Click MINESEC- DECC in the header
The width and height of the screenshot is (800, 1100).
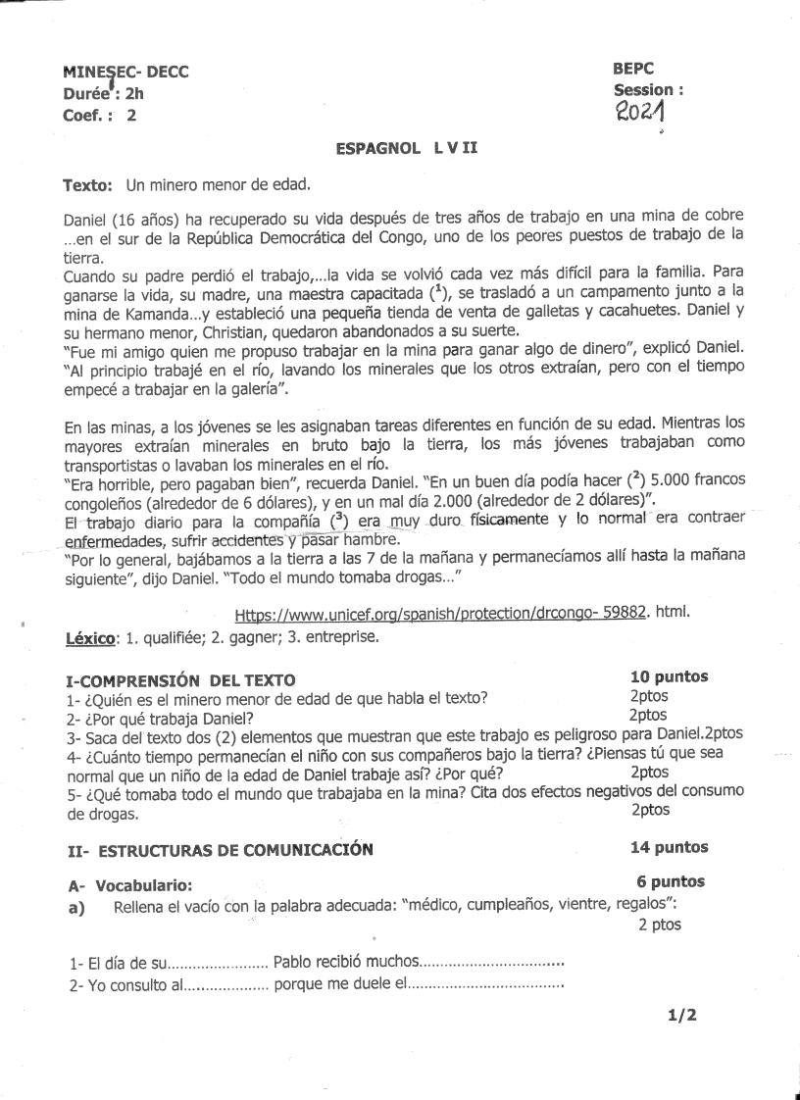click(x=125, y=72)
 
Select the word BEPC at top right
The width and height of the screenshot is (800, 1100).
click(x=633, y=69)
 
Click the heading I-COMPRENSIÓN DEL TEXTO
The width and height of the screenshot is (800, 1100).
click(x=179, y=680)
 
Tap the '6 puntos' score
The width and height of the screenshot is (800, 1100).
click(x=671, y=882)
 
